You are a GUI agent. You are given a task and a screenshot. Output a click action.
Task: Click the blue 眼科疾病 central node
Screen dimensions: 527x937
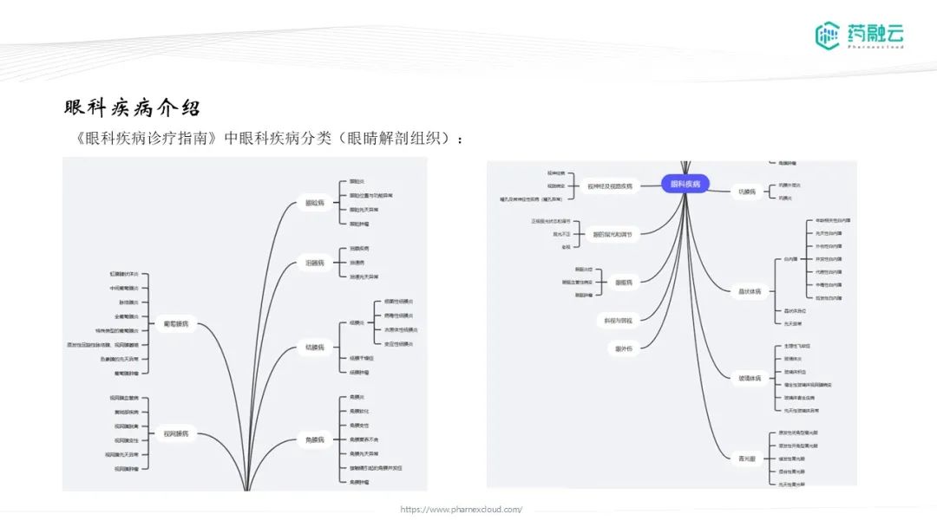coord(685,184)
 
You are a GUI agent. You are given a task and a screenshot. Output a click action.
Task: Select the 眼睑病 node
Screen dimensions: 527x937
coord(315,203)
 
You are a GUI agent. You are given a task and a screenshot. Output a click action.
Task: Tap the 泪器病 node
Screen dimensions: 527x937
coord(315,263)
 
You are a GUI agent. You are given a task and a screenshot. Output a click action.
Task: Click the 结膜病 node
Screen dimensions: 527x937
coord(315,348)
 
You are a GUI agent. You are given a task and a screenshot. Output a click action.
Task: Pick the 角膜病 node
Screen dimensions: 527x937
coord(315,440)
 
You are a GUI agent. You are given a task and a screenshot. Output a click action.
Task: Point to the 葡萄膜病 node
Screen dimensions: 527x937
coord(176,324)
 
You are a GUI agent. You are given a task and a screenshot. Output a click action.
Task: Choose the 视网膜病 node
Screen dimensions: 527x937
coord(176,433)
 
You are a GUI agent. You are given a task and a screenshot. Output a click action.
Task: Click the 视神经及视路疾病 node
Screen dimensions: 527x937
coord(610,185)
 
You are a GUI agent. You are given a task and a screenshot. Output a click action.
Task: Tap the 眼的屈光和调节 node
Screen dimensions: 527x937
coord(613,234)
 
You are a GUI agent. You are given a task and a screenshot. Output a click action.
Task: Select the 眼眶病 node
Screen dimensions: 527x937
coord(624,283)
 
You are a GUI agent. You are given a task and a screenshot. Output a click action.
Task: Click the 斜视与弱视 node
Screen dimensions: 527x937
coord(619,321)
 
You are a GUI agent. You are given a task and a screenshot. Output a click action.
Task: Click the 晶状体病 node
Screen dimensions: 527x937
coord(749,291)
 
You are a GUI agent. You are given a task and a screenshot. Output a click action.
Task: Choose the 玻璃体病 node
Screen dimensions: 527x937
coord(749,378)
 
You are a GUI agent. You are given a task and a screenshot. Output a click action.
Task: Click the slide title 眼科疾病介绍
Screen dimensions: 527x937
coord(132,108)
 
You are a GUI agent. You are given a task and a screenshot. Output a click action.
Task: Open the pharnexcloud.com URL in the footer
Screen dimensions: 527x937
coord(462,510)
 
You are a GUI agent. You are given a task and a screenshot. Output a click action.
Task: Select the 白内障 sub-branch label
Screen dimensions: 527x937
coord(790,258)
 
